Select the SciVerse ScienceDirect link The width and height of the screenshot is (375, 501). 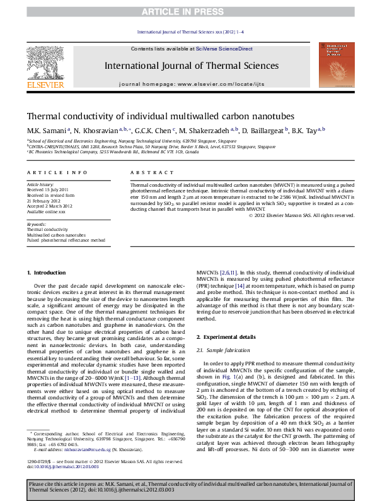click(x=224, y=49)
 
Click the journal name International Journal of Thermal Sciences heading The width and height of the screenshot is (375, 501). click(x=187, y=66)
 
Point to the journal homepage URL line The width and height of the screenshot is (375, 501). click(x=187, y=84)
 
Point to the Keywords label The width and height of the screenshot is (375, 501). click(x=37, y=224)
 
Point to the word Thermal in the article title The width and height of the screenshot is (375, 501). click(x=45, y=116)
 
